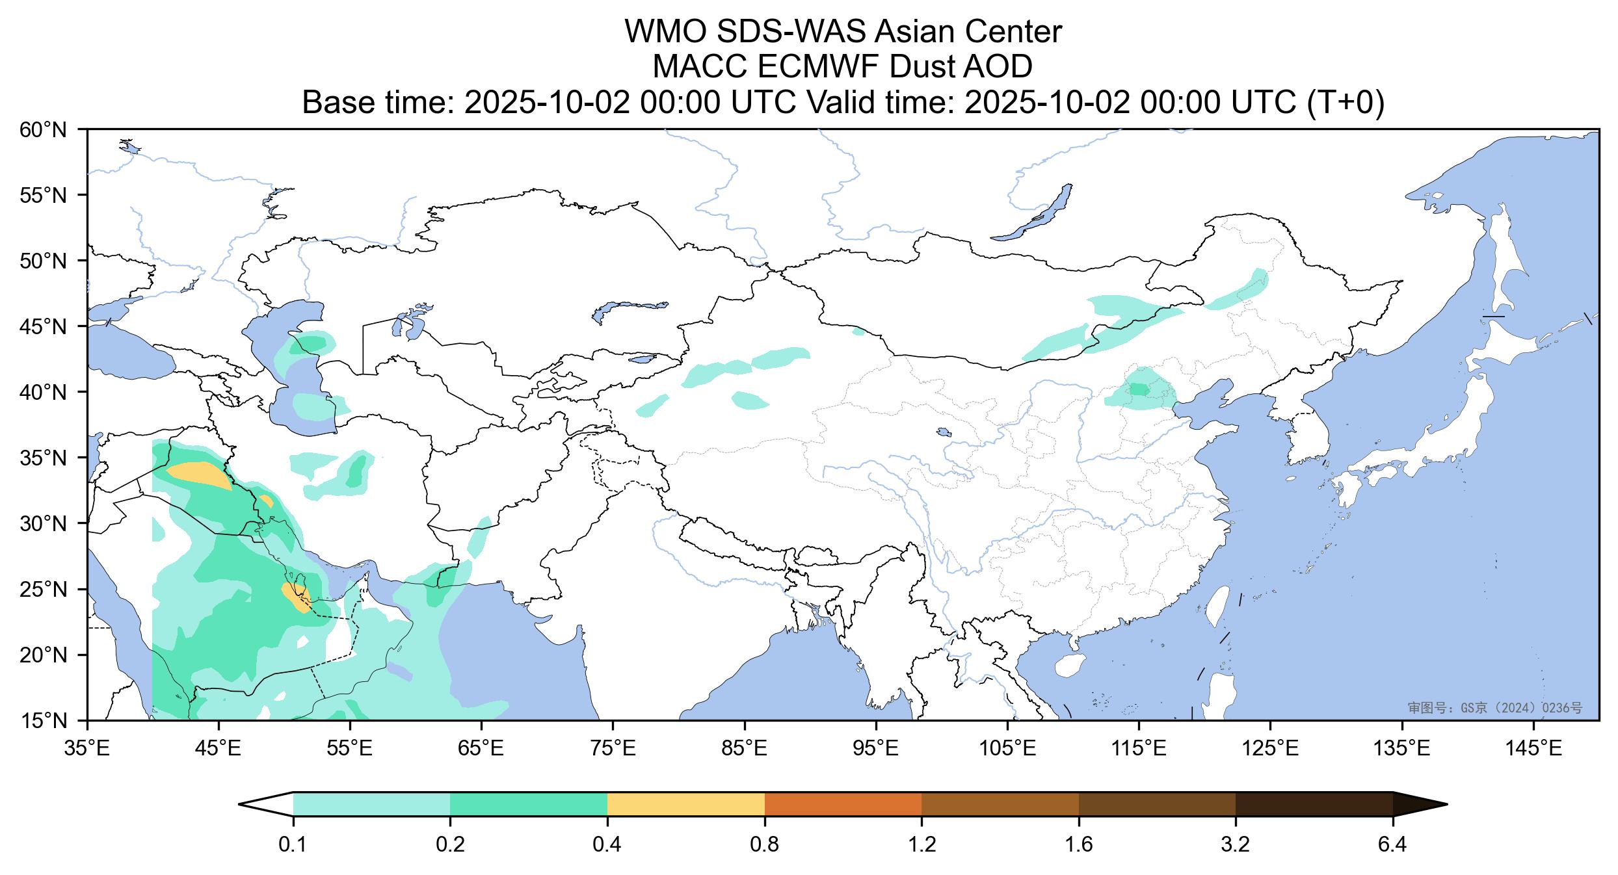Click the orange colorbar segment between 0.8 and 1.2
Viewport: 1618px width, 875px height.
tap(843, 804)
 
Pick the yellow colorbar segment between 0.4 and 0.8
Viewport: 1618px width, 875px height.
tap(685, 804)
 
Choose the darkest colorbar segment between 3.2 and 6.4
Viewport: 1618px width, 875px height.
tap(1314, 804)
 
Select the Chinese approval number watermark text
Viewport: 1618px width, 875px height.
tap(1495, 708)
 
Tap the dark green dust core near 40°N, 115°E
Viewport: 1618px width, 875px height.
tap(1139, 389)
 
